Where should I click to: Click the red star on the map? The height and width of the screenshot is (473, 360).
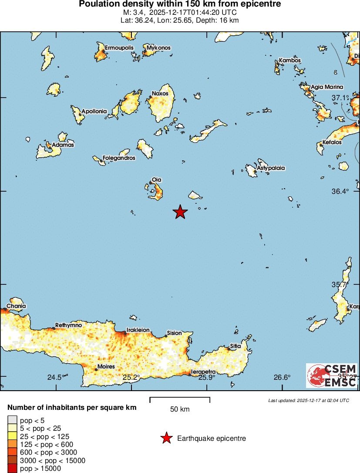point(180,212)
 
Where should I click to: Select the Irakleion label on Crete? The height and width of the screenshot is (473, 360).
point(138,330)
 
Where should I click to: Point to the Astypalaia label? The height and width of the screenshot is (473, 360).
point(271,167)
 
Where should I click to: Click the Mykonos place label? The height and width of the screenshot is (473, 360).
point(158,47)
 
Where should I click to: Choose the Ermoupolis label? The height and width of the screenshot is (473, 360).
point(119,47)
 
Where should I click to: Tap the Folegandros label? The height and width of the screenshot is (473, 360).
point(118,158)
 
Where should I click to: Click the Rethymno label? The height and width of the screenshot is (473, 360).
point(68,325)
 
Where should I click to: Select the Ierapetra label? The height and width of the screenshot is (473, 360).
point(203,372)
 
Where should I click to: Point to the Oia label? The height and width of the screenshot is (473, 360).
point(156,179)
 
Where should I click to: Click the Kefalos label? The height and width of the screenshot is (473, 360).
point(332,142)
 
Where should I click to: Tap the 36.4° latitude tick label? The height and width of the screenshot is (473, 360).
point(340,191)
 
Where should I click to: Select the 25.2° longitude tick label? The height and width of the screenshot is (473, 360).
point(130,377)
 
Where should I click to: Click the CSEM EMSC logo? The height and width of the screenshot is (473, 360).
point(332,375)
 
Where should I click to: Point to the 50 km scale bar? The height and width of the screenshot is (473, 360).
point(180,399)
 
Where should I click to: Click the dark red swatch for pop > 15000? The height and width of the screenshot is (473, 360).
point(13,469)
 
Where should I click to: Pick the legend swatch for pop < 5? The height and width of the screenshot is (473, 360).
point(13,420)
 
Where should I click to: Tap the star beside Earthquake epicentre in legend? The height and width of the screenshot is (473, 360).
point(166,439)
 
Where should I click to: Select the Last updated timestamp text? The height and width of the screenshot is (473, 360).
point(309,400)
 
